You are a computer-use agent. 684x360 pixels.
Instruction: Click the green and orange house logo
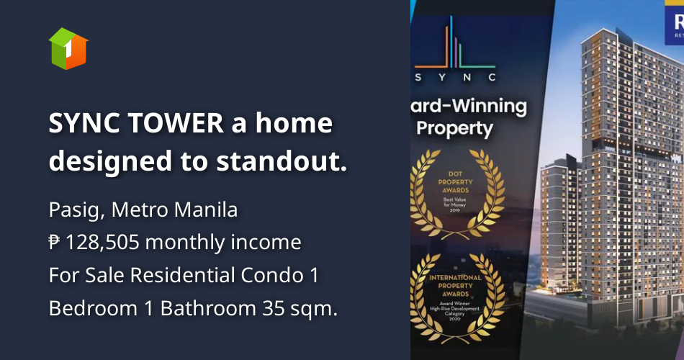pyautogui.click(x=68, y=49)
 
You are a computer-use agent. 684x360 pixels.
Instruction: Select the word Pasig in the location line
pyautogui.click(x=71, y=210)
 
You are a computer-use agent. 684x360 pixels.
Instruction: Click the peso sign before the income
pyautogui.click(x=54, y=243)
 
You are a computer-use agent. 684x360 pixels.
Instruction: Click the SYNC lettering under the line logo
pyautogui.click(x=455, y=76)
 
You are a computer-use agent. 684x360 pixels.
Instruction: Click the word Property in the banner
pyautogui.click(x=455, y=130)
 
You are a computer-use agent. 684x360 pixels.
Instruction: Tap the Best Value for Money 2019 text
pyautogui.click(x=455, y=204)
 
